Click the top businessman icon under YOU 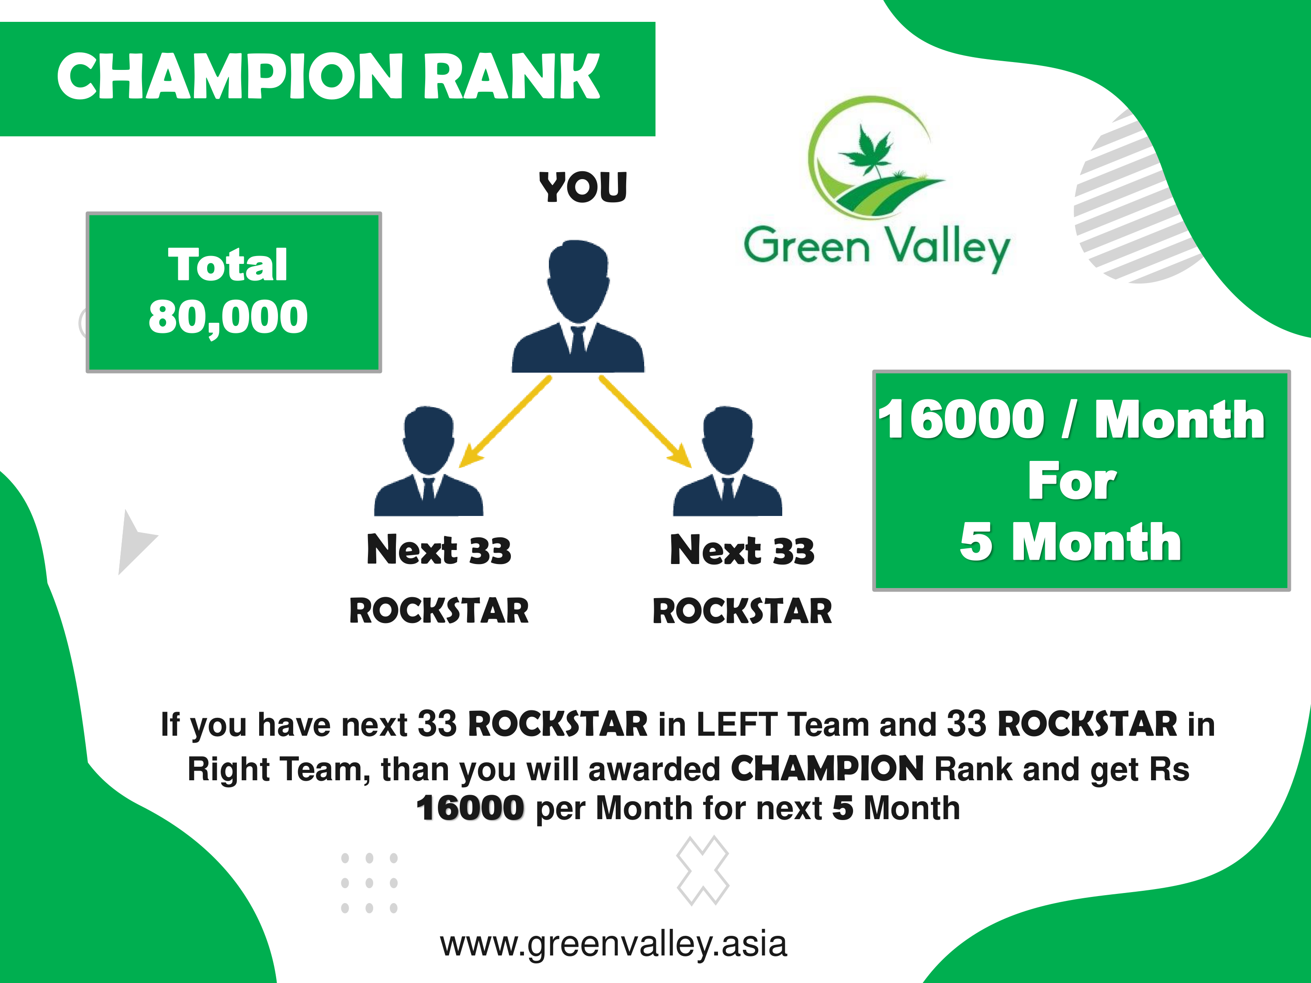(x=578, y=306)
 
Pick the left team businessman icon (x=429, y=461)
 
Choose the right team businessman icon (x=727, y=461)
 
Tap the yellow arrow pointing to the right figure (x=645, y=421)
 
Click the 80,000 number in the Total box (x=228, y=318)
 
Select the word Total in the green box (x=228, y=264)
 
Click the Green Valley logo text (x=877, y=248)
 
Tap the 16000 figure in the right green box (x=961, y=419)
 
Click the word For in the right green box (x=1072, y=481)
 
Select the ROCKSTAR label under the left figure (x=439, y=611)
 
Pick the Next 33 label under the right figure (x=742, y=550)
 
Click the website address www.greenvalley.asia (x=614, y=944)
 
